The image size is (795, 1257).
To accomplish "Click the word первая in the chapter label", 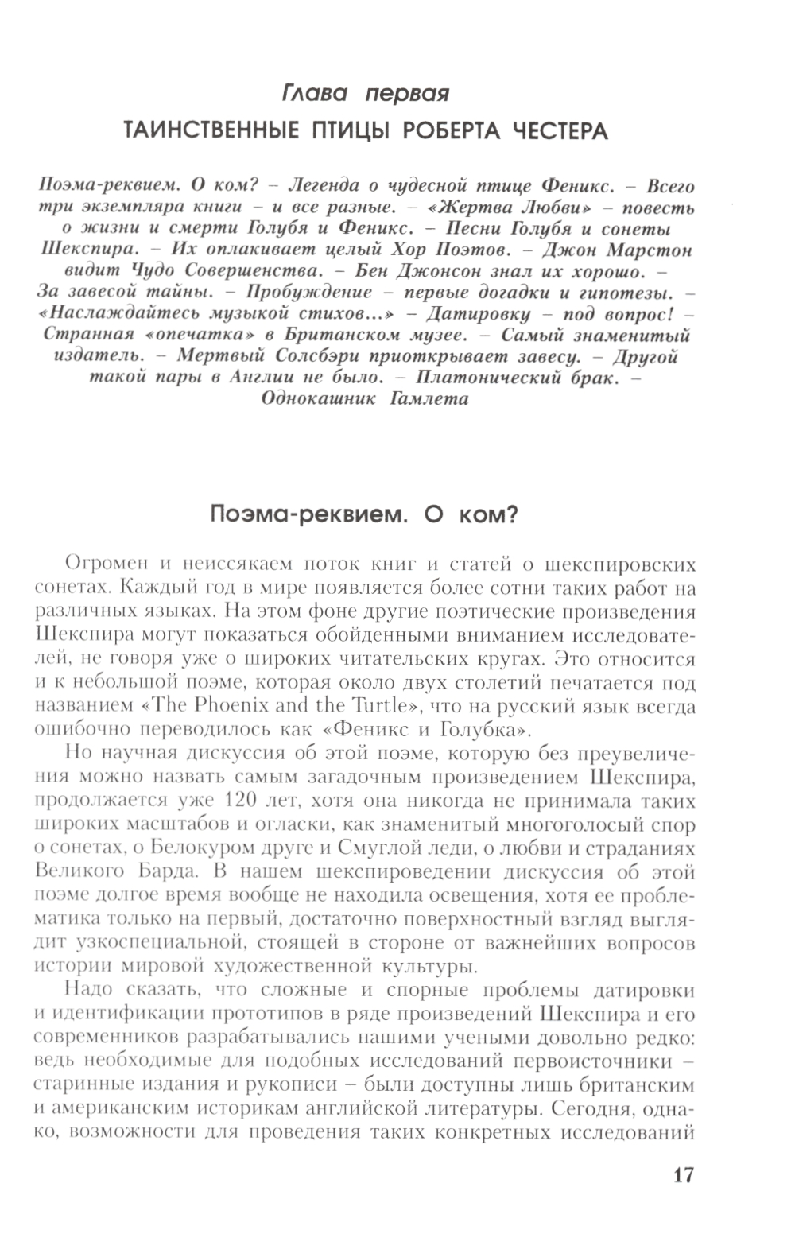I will tap(407, 94).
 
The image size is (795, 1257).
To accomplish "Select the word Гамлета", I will tap(430, 398).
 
